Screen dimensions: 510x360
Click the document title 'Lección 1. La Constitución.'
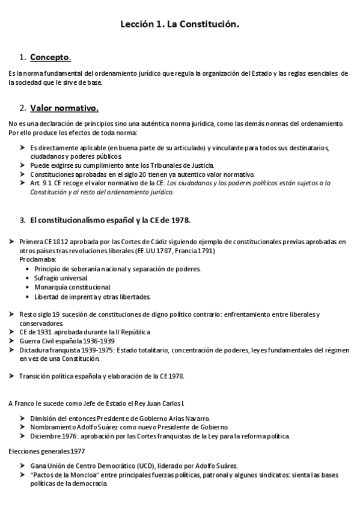(180, 25)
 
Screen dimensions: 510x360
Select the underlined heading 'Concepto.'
(50, 58)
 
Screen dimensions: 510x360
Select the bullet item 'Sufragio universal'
(61, 278)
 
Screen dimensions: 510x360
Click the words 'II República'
(130, 331)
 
